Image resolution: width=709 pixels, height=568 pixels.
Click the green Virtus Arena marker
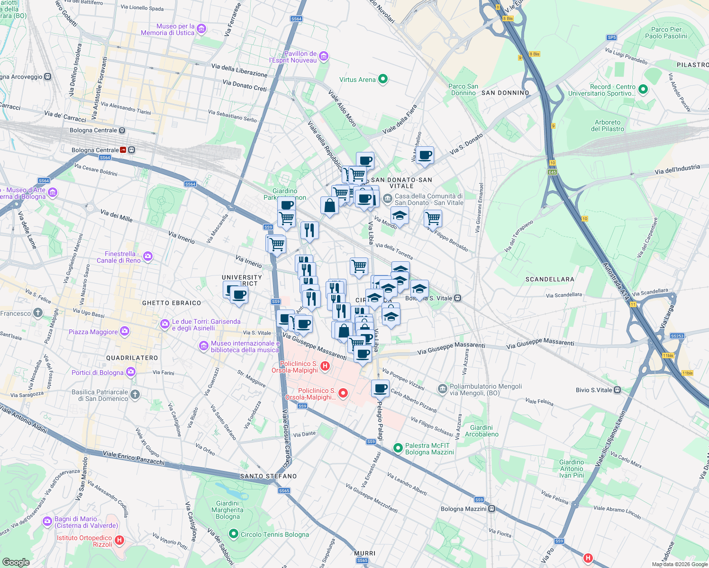pyautogui.click(x=383, y=80)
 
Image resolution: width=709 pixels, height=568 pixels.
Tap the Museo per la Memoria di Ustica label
pyautogui.click(x=168, y=30)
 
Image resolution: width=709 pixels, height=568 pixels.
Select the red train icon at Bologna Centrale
pyautogui.click(x=124, y=150)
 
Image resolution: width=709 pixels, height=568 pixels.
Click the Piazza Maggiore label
pyautogui.click(x=93, y=332)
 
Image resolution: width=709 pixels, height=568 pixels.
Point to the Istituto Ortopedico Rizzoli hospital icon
pyautogui.click(x=119, y=540)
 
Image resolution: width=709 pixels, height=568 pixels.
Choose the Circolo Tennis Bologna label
pyautogui.click(x=274, y=534)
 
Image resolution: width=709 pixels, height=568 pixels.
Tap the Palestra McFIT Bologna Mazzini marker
pyautogui.click(x=398, y=447)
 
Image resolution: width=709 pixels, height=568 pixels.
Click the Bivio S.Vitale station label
pyautogui.click(x=594, y=390)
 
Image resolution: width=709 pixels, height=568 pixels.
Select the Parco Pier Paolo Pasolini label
pyautogui.click(x=666, y=33)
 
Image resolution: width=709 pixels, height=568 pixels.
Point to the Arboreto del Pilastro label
pyautogui.click(x=608, y=125)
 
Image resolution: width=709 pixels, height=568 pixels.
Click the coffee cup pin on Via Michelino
pyautogui.click(x=425, y=155)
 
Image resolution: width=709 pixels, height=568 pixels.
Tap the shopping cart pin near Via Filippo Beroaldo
pyautogui.click(x=433, y=219)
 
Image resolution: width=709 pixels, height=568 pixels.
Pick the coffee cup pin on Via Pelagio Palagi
pyautogui.click(x=380, y=389)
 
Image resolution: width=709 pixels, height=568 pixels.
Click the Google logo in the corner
pyautogui.click(x=16, y=562)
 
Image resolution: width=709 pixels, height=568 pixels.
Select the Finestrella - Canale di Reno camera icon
pyautogui.click(x=148, y=257)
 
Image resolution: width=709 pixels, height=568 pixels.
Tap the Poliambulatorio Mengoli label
pyautogui.click(x=485, y=390)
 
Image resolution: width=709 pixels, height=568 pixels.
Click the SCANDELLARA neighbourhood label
pyautogui.click(x=550, y=279)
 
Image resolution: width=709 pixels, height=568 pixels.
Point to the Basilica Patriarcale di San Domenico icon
pyautogui.click(x=135, y=394)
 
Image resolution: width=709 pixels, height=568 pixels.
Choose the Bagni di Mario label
pyautogui.click(x=75, y=522)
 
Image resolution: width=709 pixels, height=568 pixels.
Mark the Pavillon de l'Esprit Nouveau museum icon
pyautogui.click(x=324, y=57)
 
